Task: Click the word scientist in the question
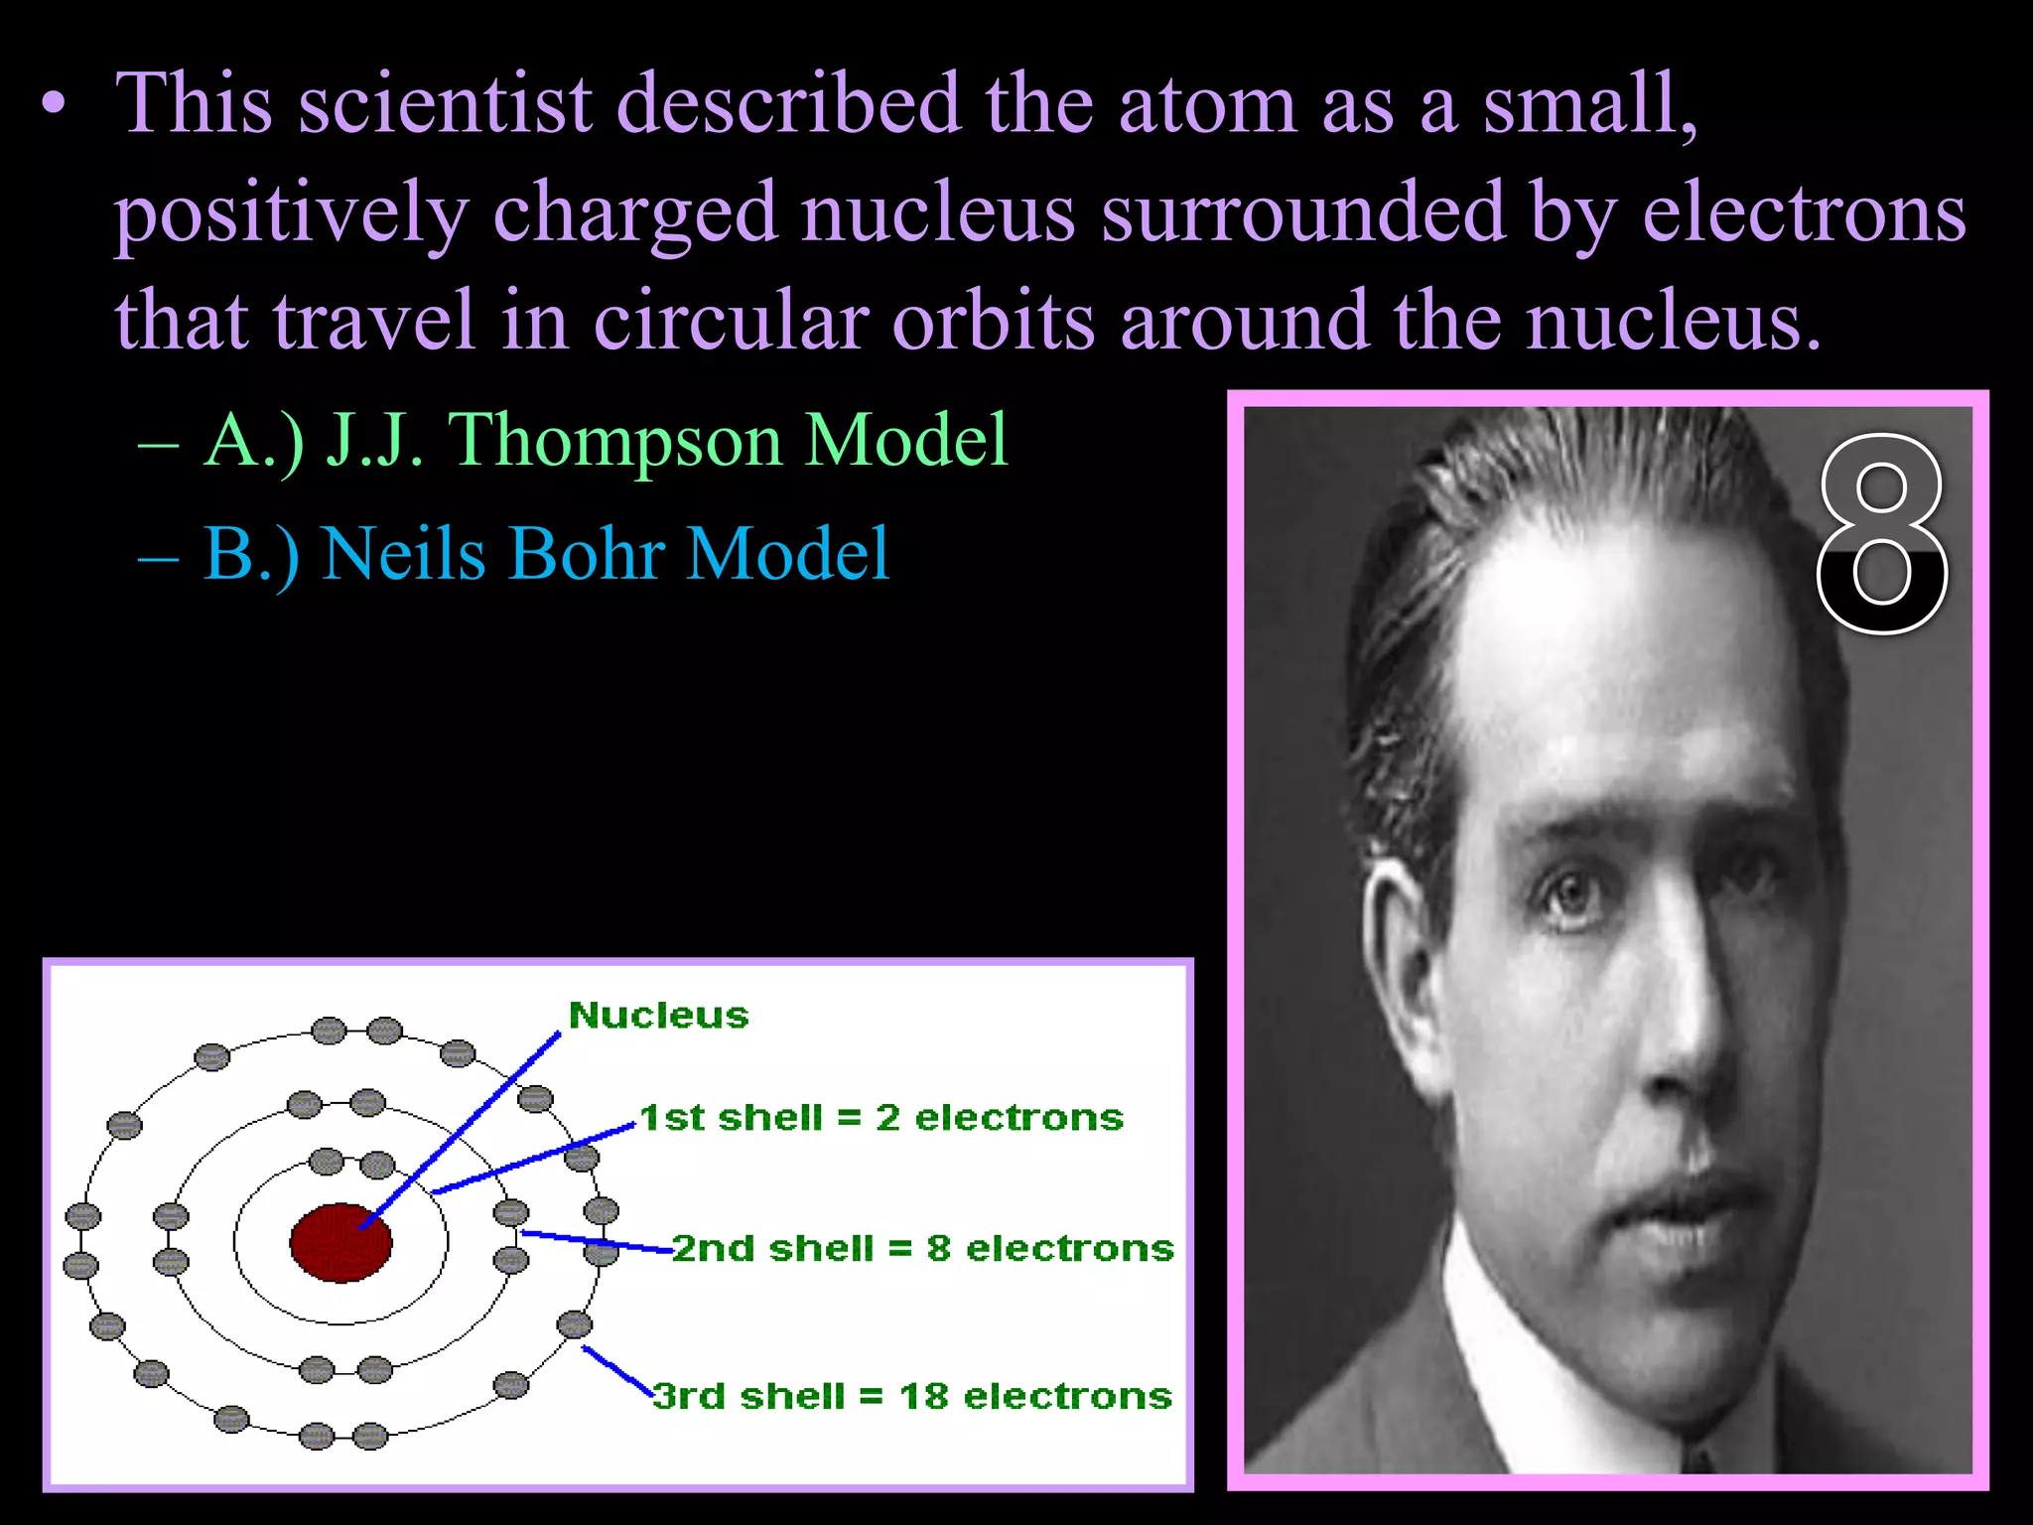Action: (445, 103)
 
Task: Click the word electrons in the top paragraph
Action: (1804, 212)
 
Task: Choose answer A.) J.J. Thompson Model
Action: (606, 440)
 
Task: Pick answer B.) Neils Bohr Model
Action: (546, 554)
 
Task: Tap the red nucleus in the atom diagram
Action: (340, 1242)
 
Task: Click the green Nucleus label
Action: (658, 1016)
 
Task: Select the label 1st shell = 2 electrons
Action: (881, 1118)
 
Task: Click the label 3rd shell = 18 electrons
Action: (912, 1396)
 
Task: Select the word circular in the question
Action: (732, 322)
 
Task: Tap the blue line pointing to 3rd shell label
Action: (615, 1370)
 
